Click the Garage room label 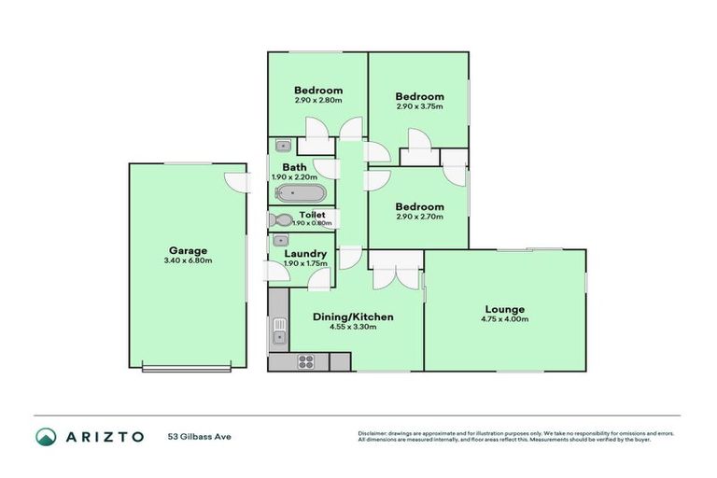(188, 250)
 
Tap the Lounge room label (504, 309)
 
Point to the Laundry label (305, 254)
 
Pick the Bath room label (294, 168)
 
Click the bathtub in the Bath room (301, 193)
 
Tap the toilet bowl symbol (280, 221)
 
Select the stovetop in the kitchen (307, 361)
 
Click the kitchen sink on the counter (278, 330)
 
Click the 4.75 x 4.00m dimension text (504, 319)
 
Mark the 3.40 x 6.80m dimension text (188, 260)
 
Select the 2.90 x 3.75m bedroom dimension (418, 106)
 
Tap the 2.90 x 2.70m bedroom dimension (418, 217)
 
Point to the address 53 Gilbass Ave (199, 436)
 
